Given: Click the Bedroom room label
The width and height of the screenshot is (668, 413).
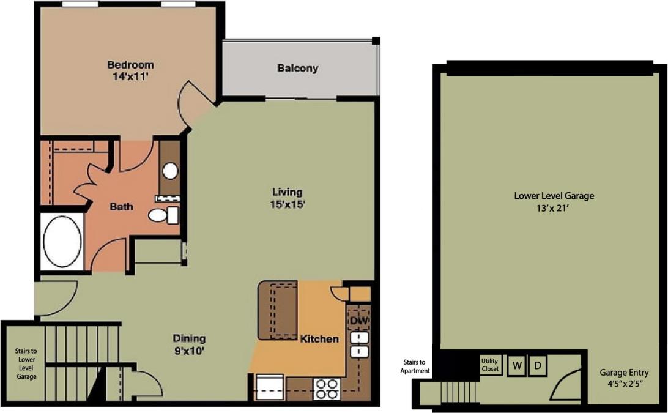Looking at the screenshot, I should [x=130, y=65].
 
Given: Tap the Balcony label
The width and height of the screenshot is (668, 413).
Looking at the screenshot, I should [x=298, y=69].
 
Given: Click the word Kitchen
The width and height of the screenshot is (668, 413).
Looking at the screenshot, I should [x=318, y=338].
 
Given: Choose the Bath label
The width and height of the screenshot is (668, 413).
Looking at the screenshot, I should [x=121, y=207].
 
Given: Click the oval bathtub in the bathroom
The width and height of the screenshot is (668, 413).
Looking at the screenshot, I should [x=62, y=241].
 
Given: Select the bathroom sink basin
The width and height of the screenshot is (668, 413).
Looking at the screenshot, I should [x=171, y=170].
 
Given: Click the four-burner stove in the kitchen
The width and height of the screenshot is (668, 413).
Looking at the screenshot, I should [x=327, y=388].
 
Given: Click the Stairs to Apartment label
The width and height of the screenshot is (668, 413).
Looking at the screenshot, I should [x=415, y=366].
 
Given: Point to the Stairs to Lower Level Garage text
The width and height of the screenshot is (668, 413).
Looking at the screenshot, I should [x=26, y=364].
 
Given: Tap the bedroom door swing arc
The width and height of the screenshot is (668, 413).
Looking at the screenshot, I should [x=193, y=107].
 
